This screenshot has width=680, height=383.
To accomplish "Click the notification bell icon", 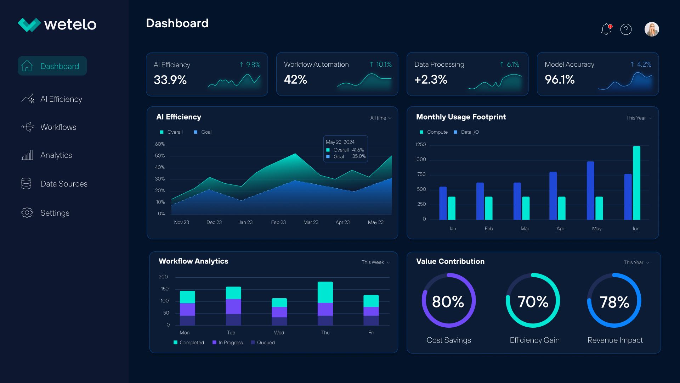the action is pyautogui.click(x=606, y=29).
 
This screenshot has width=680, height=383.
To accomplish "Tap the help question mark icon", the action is pyautogui.click(x=626, y=29).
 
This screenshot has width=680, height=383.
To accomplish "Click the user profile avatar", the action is pyautogui.click(x=652, y=29).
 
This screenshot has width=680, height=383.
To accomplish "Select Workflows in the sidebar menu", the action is pyautogui.click(x=58, y=127).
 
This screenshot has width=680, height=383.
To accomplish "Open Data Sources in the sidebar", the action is pyautogui.click(x=64, y=184).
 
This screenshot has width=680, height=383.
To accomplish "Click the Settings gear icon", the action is pyautogui.click(x=27, y=212).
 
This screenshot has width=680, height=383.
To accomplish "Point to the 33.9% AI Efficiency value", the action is pyautogui.click(x=170, y=80).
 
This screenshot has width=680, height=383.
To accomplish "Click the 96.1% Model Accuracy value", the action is pyautogui.click(x=560, y=79).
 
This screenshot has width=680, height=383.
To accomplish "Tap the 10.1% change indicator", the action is pyautogui.click(x=380, y=64).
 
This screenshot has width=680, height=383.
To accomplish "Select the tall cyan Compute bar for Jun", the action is pyautogui.click(x=636, y=183).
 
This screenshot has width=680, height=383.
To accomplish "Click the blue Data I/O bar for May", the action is pyautogui.click(x=590, y=191).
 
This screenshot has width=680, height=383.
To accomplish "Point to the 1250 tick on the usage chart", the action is pyautogui.click(x=420, y=144).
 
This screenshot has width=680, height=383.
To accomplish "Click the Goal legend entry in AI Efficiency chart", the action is pyautogui.click(x=203, y=132).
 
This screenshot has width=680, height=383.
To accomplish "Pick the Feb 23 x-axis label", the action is pyautogui.click(x=278, y=222).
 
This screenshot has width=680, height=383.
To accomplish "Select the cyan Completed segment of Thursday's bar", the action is pyautogui.click(x=325, y=292).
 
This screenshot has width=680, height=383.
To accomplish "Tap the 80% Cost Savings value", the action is pyautogui.click(x=448, y=301).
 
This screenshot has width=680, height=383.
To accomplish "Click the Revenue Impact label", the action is pyautogui.click(x=615, y=340).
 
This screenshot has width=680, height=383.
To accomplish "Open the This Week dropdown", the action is pyautogui.click(x=376, y=262).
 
